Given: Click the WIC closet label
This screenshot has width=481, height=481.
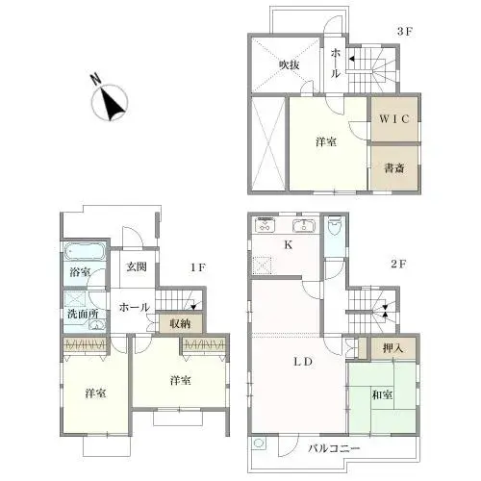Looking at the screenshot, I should coord(395,119).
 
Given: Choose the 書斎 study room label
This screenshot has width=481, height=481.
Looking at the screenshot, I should coord(395,166).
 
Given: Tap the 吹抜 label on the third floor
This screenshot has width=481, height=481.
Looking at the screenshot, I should coord(291,64).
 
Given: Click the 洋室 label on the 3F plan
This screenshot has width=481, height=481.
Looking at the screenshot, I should coord(325,142).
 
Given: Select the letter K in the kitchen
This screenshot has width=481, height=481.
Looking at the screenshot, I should coord(287,246).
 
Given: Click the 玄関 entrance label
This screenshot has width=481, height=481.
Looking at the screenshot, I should coord(135,267).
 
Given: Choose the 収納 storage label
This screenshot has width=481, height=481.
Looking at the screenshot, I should coord(180,324).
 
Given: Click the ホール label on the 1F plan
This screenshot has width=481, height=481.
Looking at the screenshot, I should coord(134,308).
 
